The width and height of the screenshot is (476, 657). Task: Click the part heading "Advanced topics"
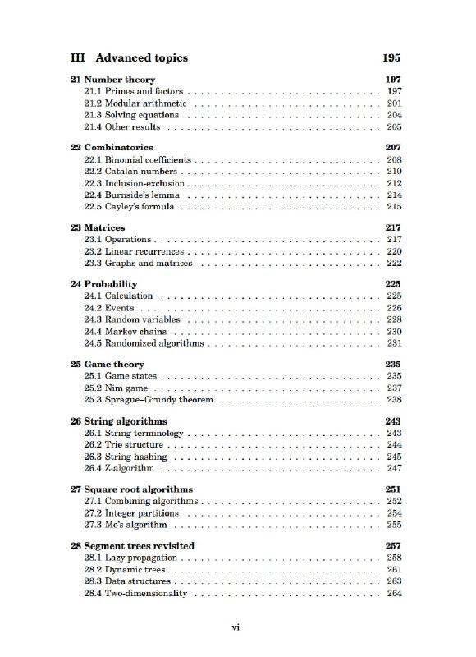[x=141, y=58]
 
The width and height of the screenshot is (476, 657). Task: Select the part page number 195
[x=391, y=58]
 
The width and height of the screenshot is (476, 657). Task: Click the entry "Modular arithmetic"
[x=145, y=103]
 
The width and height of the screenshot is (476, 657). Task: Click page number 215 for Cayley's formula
[x=393, y=208]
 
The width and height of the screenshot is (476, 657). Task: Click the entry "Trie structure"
[x=134, y=444]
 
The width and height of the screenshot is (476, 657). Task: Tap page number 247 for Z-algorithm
[x=393, y=468]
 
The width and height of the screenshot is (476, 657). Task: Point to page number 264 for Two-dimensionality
[x=393, y=594]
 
